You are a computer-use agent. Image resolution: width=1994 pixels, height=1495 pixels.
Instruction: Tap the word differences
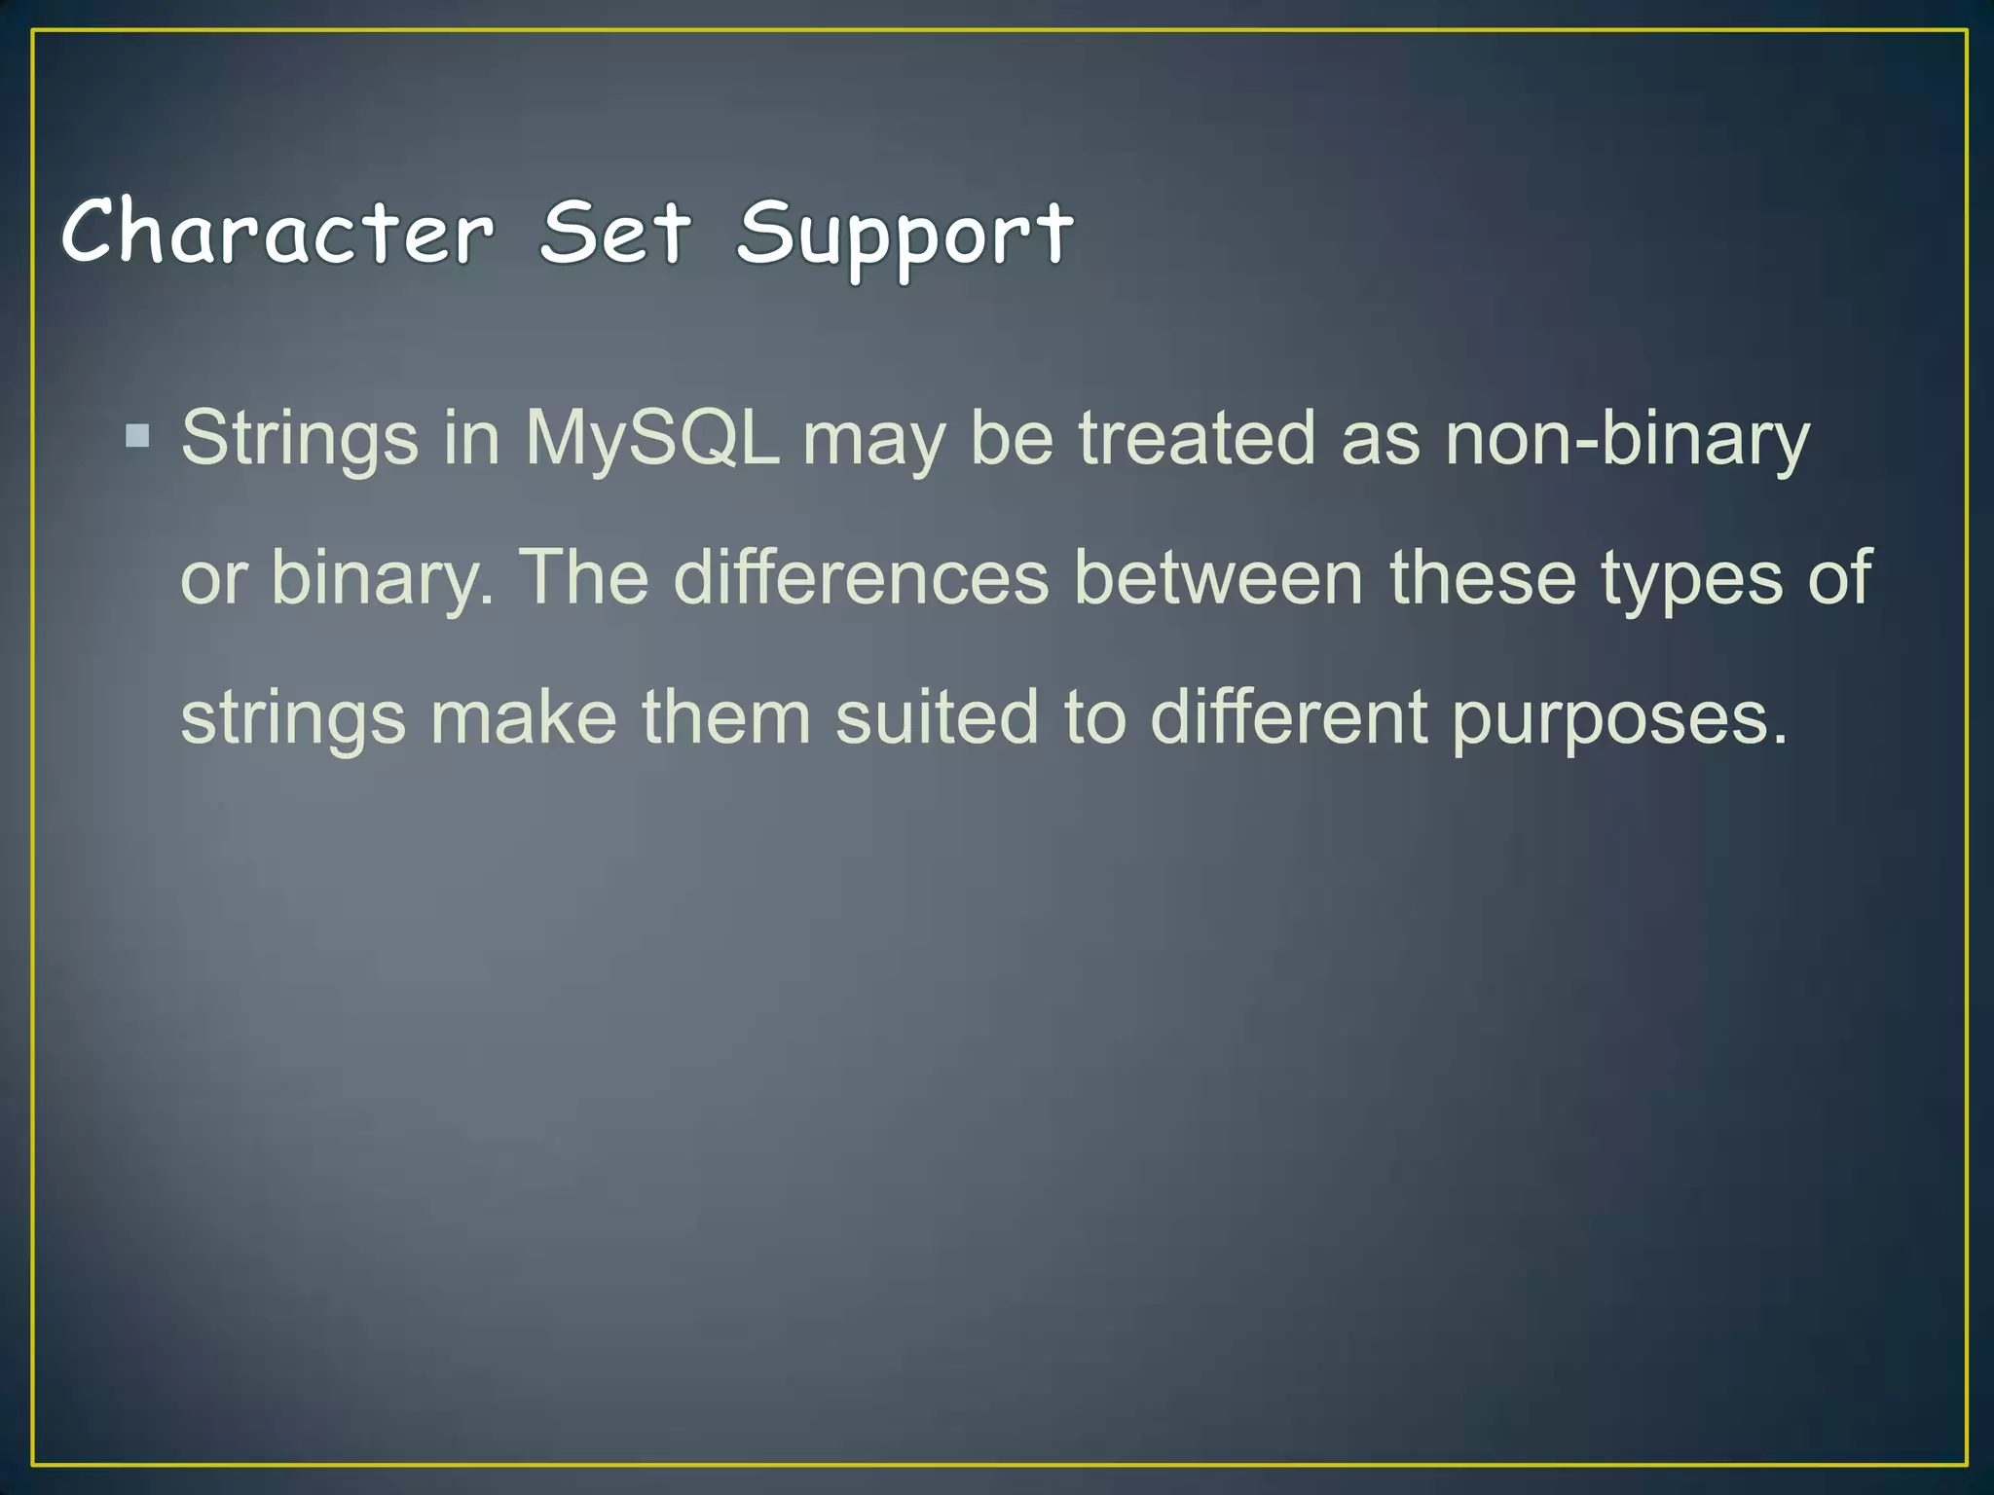862,578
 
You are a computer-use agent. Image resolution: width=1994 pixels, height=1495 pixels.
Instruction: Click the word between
1218,578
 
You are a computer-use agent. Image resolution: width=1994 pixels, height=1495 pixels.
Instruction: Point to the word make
524,717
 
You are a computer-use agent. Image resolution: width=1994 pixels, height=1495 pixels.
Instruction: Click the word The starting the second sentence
583,578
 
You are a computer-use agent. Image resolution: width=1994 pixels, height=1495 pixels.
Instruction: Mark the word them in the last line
726,717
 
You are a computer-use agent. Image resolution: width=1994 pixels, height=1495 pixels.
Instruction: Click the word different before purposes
1289,717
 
